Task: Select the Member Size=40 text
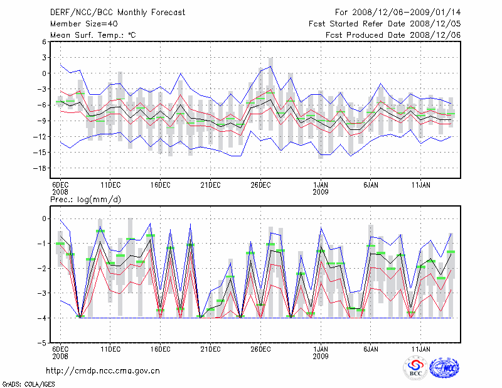(80, 23)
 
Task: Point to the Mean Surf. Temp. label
(93, 35)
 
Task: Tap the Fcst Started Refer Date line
(385, 23)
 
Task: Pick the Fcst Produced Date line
(393, 35)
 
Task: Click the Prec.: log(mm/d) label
(85, 200)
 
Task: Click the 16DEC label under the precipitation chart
(160, 349)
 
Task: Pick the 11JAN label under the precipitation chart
(420, 349)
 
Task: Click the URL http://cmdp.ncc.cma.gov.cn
(103, 371)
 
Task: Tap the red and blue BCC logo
(415, 368)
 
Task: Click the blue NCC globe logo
(444, 369)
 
